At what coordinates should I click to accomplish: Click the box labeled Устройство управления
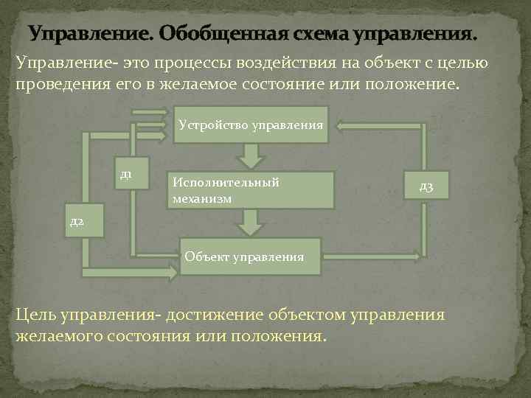(251, 126)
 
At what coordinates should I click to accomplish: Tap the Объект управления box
(251, 256)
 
